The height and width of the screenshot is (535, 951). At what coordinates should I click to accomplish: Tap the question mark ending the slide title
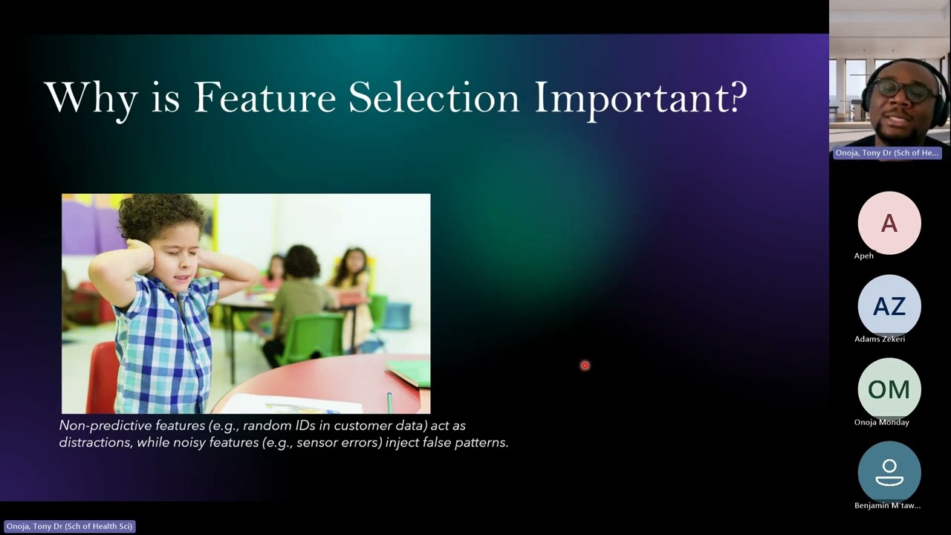(736, 97)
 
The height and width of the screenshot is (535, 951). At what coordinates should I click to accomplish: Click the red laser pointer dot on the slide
(585, 366)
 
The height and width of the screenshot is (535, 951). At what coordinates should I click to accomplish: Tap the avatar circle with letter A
(889, 223)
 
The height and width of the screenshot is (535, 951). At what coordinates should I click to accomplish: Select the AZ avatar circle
(889, 306)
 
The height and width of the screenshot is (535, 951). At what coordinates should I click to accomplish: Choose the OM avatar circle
(889, 389)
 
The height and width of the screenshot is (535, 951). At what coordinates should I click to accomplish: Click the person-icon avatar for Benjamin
(889, 473)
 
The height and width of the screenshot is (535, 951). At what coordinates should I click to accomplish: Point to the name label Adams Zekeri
(880, 339)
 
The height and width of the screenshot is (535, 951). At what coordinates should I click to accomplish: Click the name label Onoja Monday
(882, 422)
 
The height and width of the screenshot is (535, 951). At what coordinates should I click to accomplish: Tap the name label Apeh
(864, 256)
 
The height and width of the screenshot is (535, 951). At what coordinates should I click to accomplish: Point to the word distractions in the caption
(94, 442)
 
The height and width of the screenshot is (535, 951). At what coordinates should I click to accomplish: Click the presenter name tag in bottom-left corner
(69, 526)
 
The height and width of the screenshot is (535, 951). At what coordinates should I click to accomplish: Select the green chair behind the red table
(311, 339)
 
